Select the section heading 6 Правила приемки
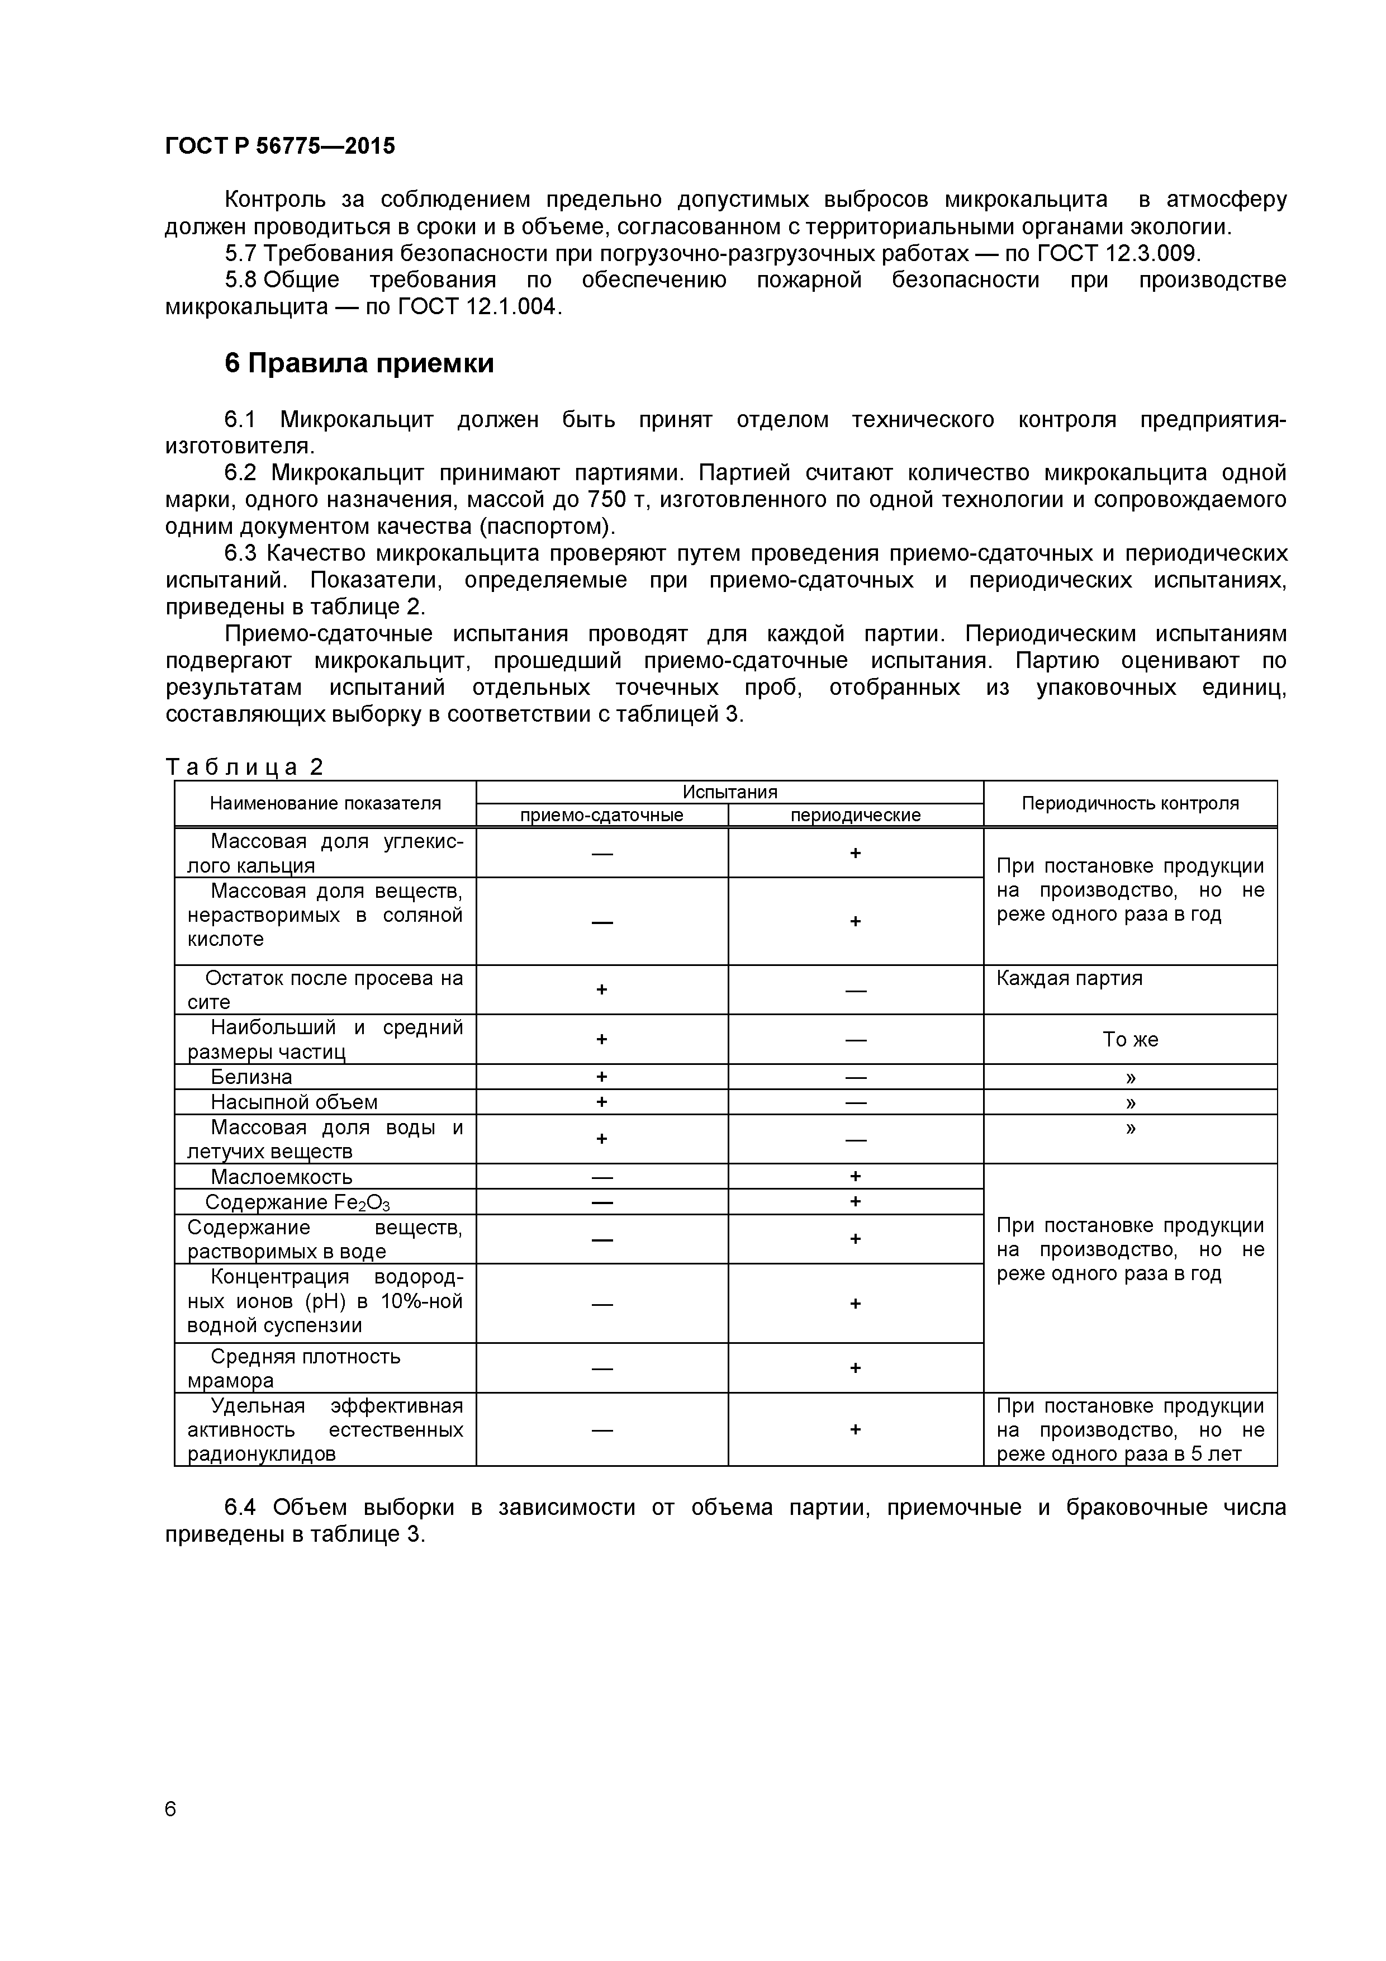click(359, 363)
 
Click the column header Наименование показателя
click(325, 803)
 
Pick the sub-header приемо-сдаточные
click(601, 815)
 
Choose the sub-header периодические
click(855, 815)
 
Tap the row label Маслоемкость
click(281, 1176)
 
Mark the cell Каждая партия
click(1069, 978)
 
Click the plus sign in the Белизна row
click(601, 1077)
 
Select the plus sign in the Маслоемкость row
click(855, 1176)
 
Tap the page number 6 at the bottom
click(171, 1808)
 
